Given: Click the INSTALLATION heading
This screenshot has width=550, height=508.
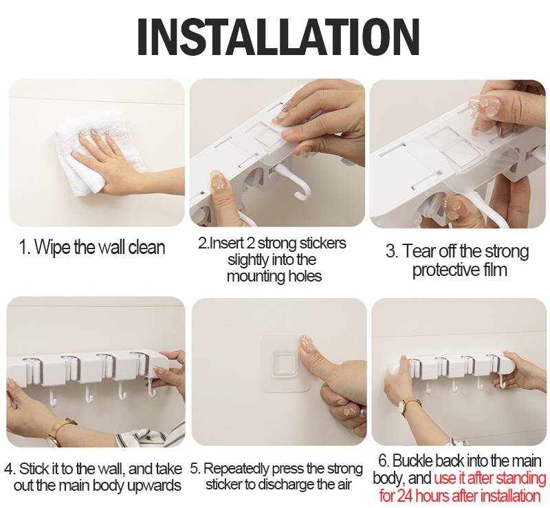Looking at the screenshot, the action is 278,37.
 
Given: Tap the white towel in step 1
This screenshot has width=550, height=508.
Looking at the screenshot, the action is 95,155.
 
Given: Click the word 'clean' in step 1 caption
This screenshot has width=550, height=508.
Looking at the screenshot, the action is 146,247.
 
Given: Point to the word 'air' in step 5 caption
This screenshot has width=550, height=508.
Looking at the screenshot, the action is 344,485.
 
